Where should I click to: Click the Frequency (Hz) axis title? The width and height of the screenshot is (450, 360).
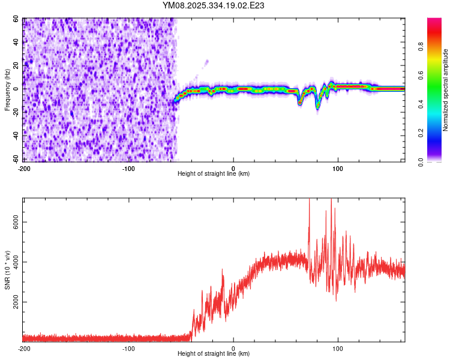pos(8,90)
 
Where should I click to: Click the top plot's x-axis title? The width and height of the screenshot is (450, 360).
pos(214,173)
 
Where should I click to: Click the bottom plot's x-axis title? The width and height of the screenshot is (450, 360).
pos(214,353)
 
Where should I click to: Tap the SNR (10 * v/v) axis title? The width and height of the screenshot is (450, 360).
pos(8,269)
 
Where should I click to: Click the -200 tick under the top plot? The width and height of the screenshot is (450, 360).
pos(23,167)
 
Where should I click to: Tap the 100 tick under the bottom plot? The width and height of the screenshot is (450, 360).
pos(338,347)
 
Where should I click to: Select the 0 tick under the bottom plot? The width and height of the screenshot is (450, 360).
pos(233,347)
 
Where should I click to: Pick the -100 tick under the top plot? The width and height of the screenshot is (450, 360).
pos(128,167)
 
